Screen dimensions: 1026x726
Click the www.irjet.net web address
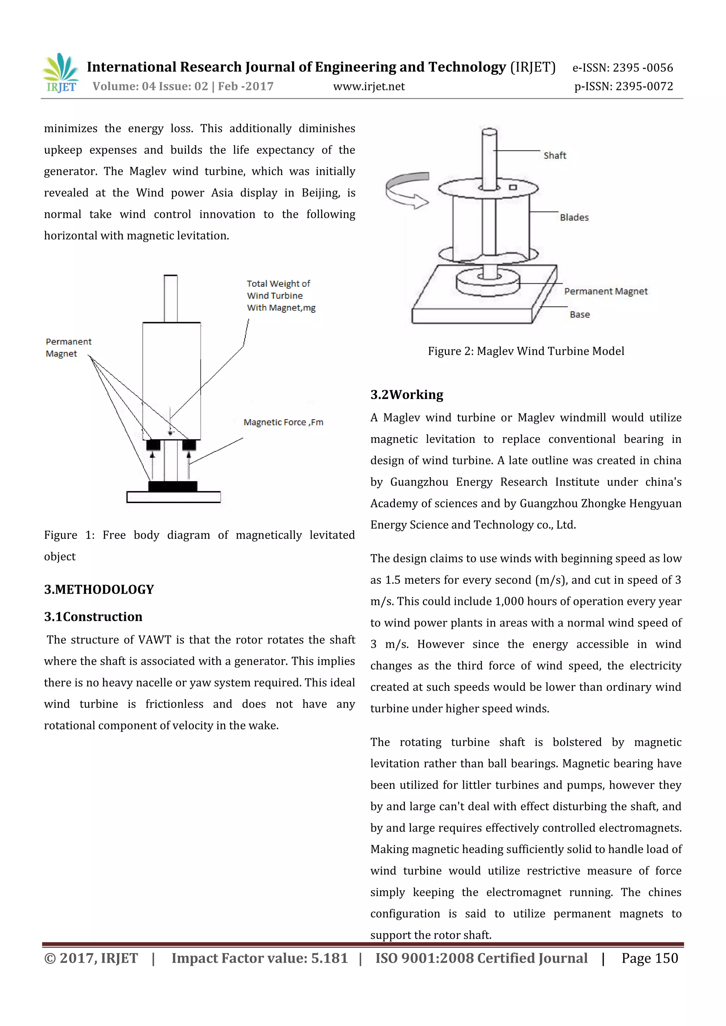369,87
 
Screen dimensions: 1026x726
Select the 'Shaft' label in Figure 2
554,156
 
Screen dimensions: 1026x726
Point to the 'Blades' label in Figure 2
574,218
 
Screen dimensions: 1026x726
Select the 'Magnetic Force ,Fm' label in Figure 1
283,422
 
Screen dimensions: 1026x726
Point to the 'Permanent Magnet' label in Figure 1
68,348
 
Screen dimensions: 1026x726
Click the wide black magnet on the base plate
173,486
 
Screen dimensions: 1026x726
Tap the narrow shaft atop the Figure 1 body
170,298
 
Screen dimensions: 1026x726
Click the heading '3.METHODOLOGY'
99,590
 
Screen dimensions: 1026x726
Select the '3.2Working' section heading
406,395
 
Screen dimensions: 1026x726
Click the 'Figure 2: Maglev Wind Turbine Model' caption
526,351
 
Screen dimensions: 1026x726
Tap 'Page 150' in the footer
649,958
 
